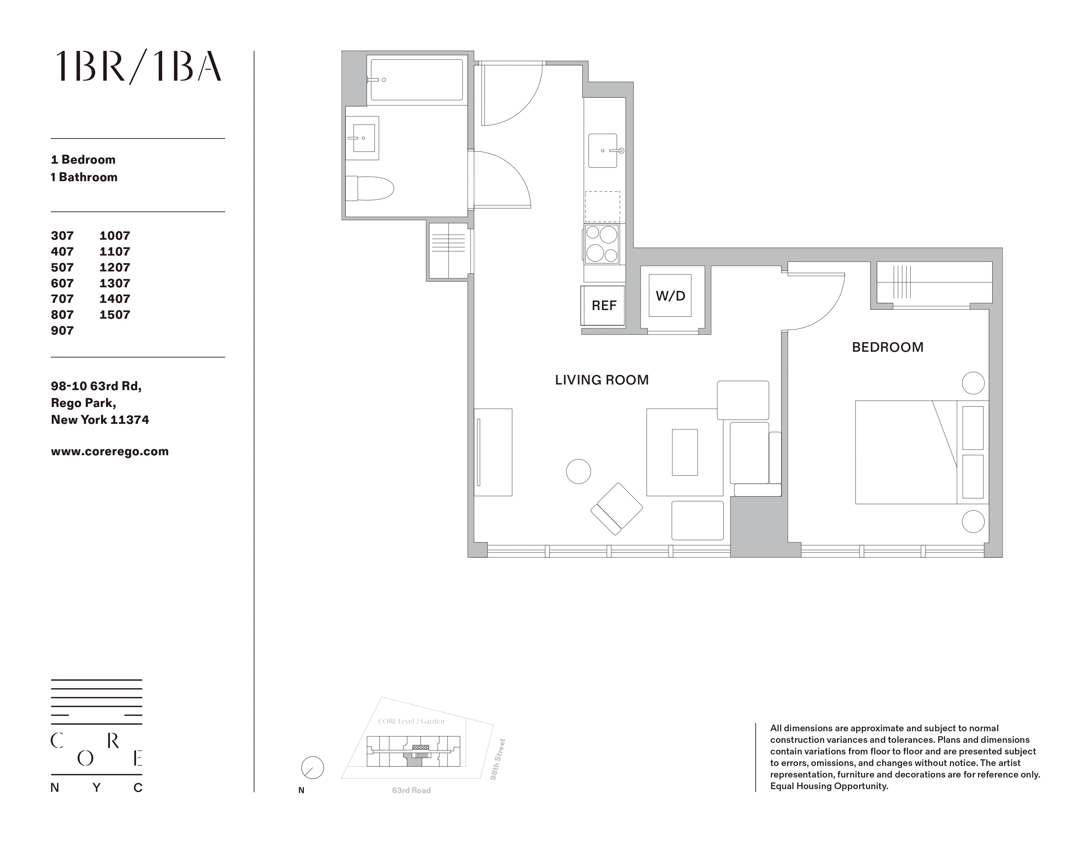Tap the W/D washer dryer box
(x=670, y=296)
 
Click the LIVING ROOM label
(x=601, y=380)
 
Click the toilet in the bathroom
(x=370, y=188)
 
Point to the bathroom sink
(x=363, y=138)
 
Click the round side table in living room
(x=578, y=471)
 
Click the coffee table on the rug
(x=685, y=452)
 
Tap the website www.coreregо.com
(x=109, y=452)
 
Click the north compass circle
(x=312, y=768)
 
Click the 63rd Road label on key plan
(x=411, y=790)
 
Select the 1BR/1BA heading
(x=138, y=67)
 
